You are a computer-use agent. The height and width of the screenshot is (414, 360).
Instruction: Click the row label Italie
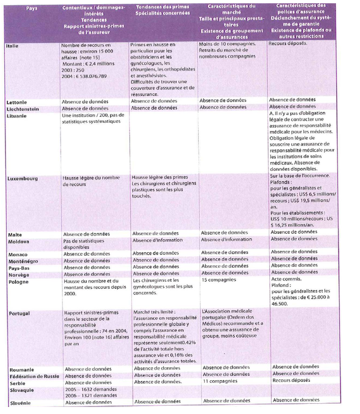click(x=13, y=45)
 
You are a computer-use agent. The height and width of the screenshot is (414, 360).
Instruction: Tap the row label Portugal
click(x=20, y=314)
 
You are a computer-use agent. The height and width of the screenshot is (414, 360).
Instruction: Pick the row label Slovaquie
click(x=22, y=389)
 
